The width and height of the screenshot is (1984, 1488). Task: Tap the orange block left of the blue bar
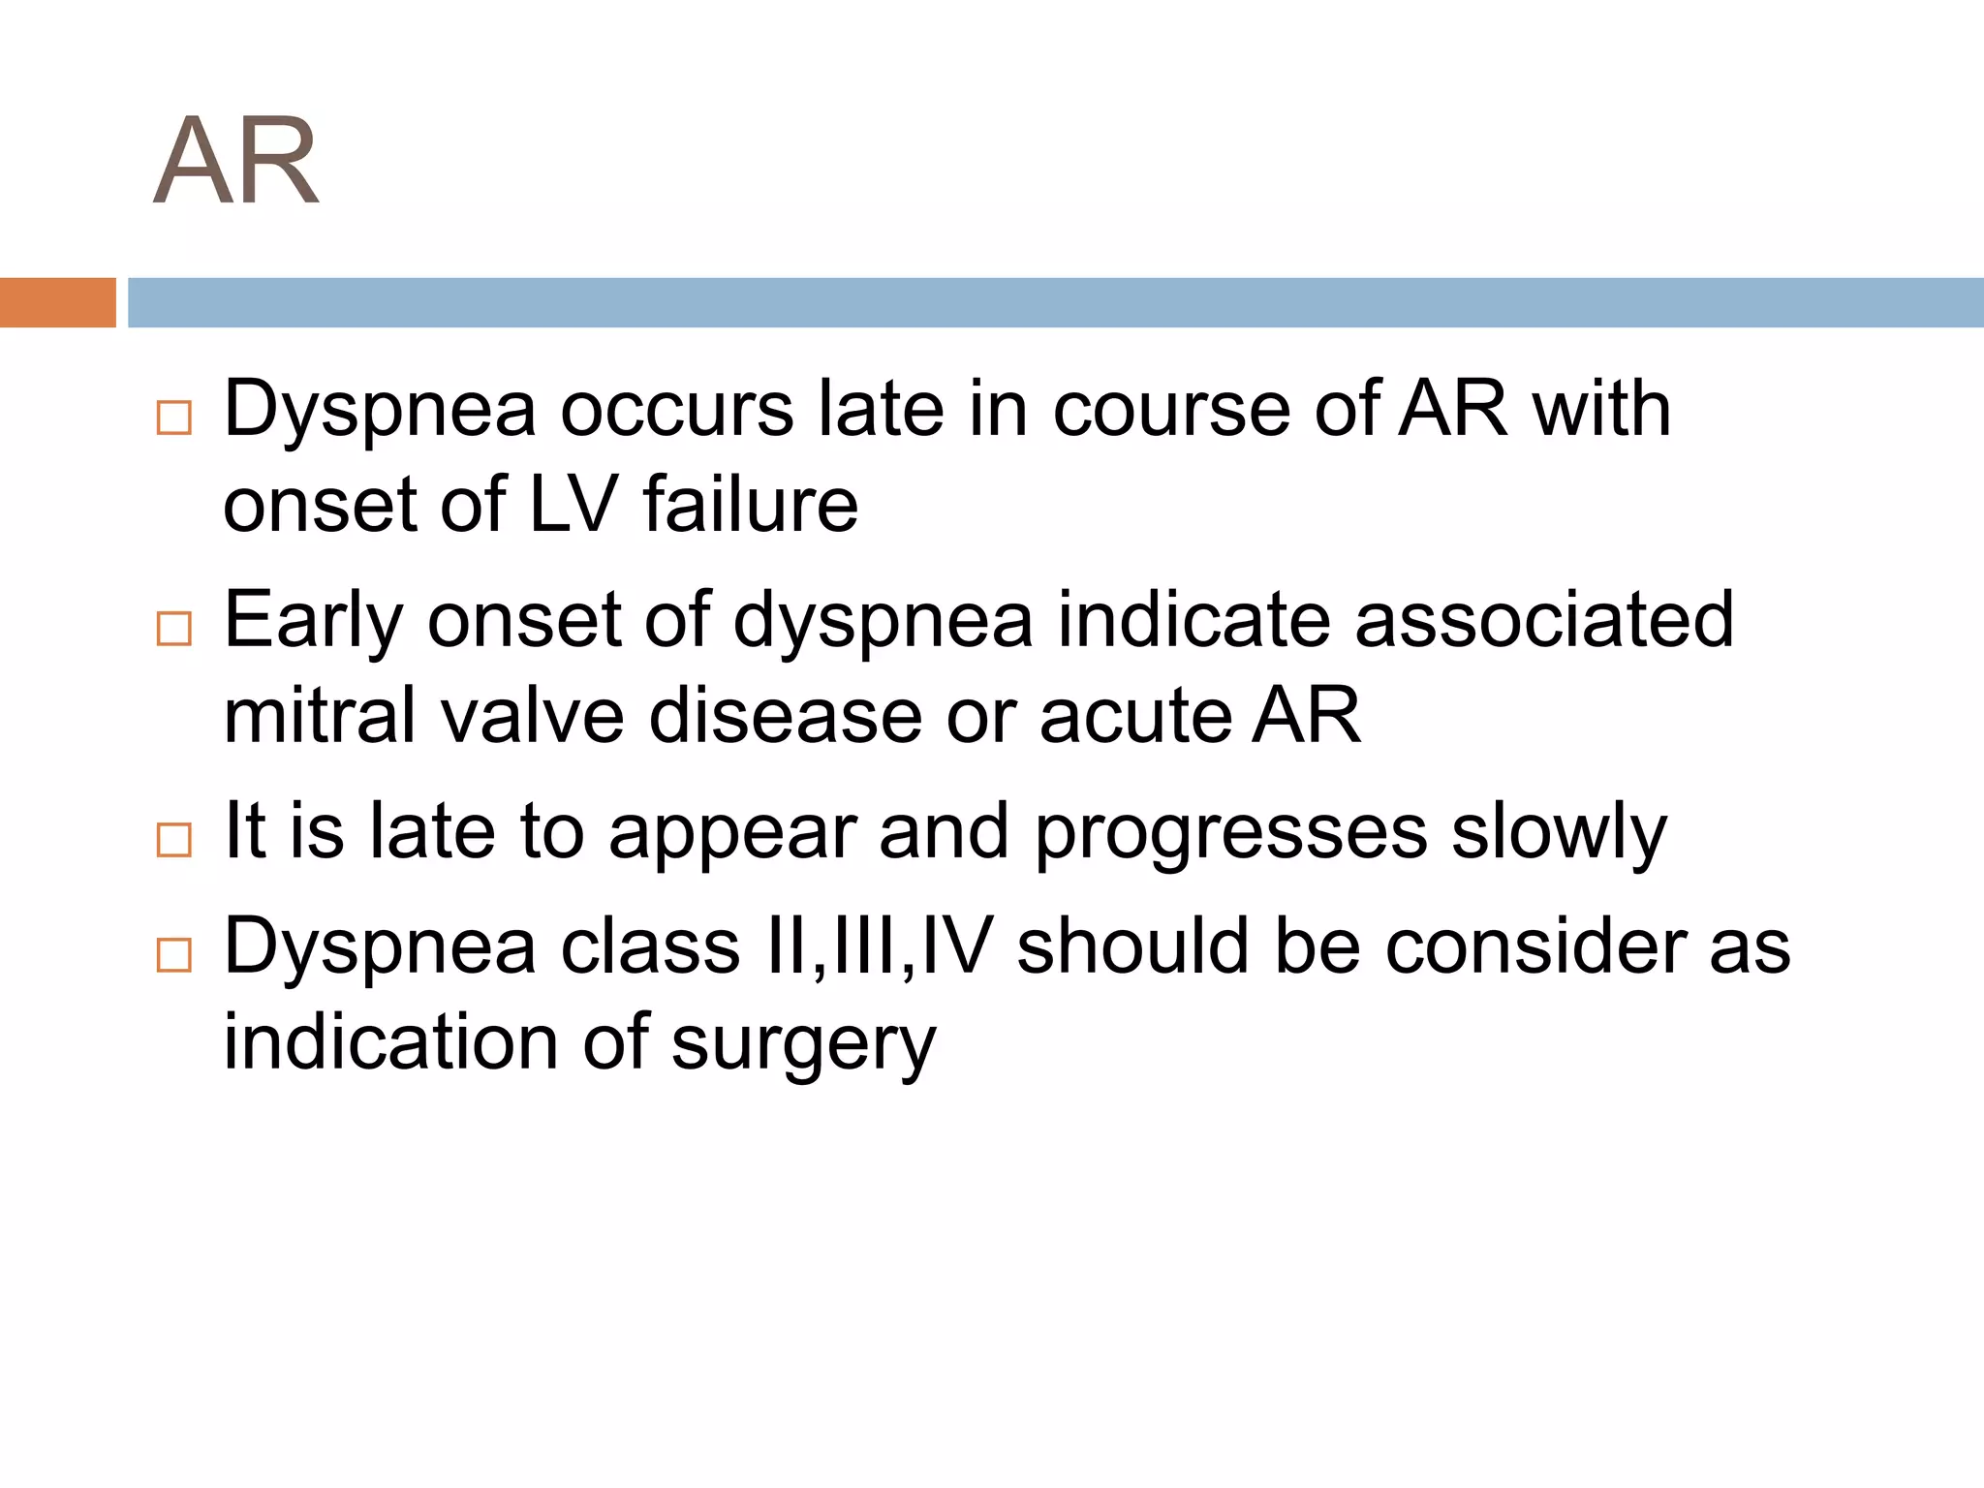point(57,302)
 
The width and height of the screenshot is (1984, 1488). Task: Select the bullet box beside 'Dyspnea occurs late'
point(174,418)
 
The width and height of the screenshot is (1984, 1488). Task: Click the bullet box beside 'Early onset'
point(174,629)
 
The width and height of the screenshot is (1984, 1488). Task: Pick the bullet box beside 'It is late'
point(174,840)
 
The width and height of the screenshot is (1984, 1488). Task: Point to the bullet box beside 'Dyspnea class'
point(174,954)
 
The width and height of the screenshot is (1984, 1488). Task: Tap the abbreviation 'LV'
point(573,505)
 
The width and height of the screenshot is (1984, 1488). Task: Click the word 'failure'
point(751,505)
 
